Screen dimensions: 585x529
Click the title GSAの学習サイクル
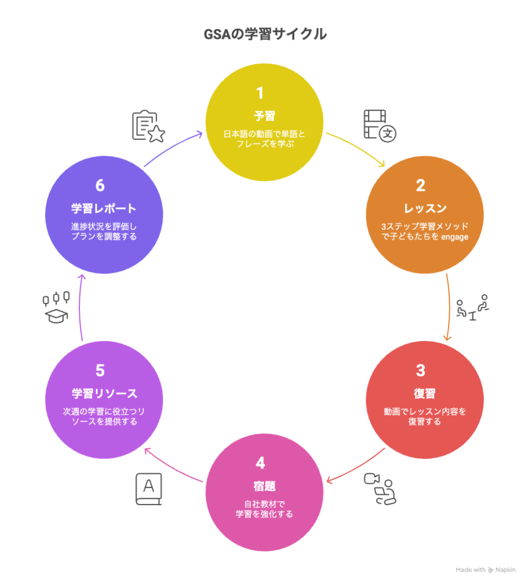265,35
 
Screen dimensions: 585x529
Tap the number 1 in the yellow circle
260,93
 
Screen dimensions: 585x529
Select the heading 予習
264,116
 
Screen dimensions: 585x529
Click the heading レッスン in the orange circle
424,208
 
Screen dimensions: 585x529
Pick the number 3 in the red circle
420,371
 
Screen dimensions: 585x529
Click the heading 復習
424,394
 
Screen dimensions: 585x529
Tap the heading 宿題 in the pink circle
264,486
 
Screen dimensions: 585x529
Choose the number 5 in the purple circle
100,371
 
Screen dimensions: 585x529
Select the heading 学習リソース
104,394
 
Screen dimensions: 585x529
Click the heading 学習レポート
104,208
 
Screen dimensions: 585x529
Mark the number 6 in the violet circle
100,186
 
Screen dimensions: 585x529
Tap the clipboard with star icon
148,126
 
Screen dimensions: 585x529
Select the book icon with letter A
149,489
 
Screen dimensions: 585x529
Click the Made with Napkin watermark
486,570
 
